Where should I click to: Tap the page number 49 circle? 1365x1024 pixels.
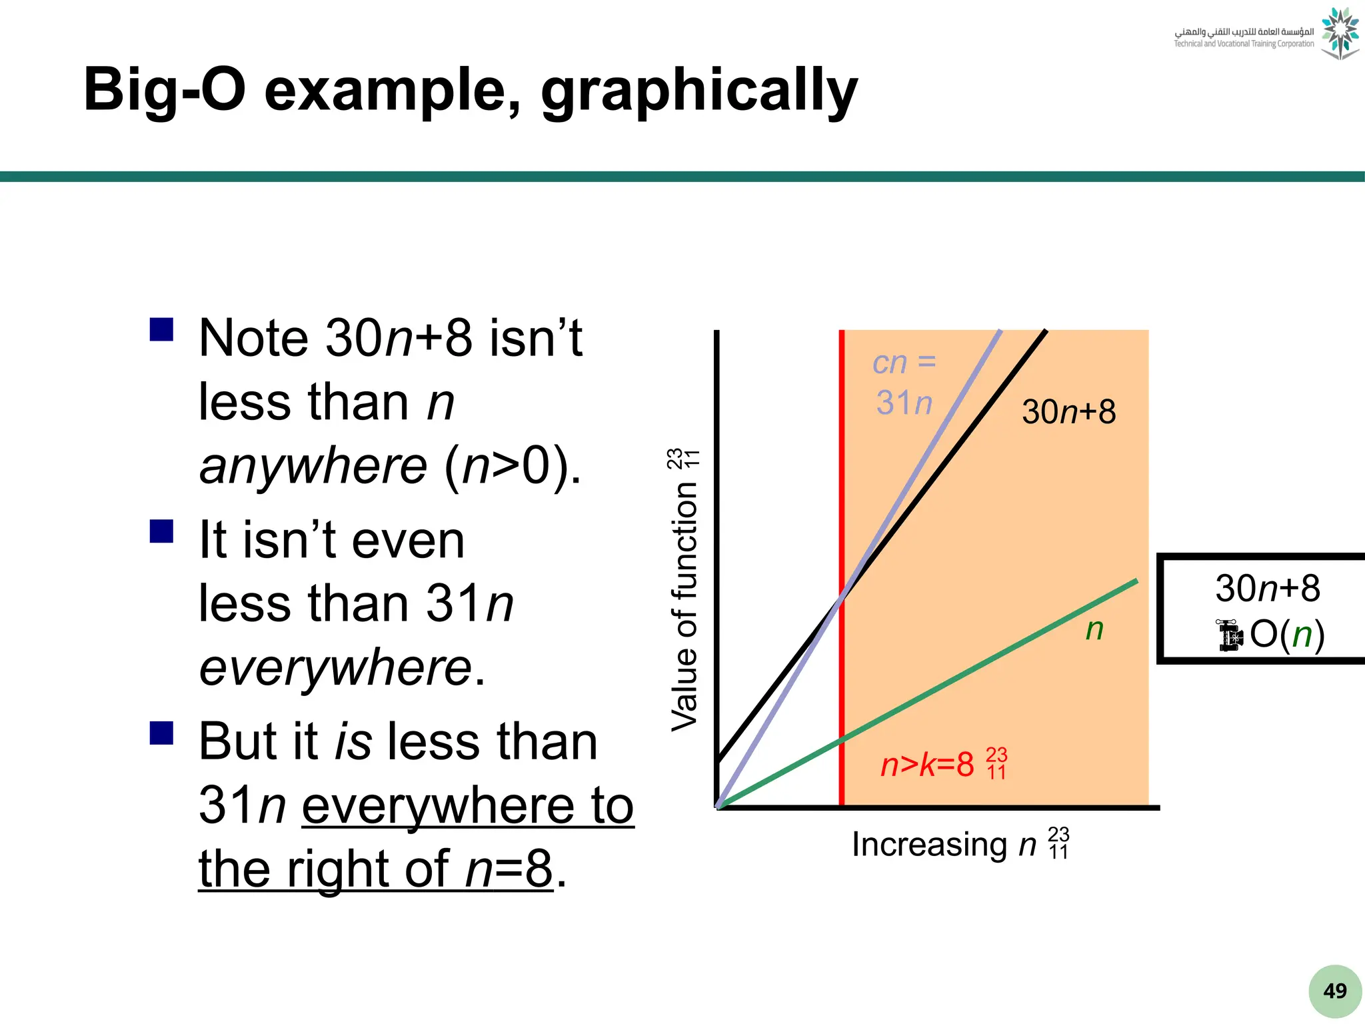tap(1334, 991)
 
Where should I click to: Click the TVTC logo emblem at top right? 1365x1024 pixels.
tap(1340, 33)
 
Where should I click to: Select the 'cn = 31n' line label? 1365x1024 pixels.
tap(904, 383)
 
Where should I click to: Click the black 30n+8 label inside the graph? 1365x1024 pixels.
tap(1068, 412)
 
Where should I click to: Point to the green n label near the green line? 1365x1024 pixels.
tap(1094, 629)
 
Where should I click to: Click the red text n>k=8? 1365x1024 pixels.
tap(926, 765)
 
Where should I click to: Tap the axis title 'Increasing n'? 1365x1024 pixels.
tap(944, 845)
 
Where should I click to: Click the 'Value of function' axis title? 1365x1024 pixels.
tap(684, 607)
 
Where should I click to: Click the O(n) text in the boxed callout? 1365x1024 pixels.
tap(1286, 634)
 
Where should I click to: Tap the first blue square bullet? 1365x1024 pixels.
tap(162, 329)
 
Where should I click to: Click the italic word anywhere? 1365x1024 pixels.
tap(313, 466)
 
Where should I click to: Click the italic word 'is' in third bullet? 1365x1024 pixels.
tap(353, 741)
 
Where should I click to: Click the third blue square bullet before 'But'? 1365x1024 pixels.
tap(162, 733)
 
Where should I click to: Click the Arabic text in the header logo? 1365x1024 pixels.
tap(1244, 31)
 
